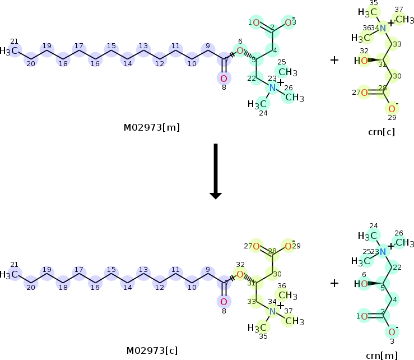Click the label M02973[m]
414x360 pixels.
click(x=151, y=128)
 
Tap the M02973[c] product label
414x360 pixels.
click(x=151, y=350)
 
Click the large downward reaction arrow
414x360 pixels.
click(x=216, y=171)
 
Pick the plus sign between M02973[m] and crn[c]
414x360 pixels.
click(x=334, y=59)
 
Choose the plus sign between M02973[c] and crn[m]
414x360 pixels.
click(x=334, y=283)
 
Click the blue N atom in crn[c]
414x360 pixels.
click(x=383, y=29)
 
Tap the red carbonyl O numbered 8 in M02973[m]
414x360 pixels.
click(x=224, y=79)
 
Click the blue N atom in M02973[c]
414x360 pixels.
click(x=272, y=311)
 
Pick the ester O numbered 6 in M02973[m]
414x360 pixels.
click(x=240, y=51)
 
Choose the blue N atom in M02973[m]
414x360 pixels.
click(x=272, y=87)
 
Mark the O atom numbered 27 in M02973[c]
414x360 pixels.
click(x=255, y=246)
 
